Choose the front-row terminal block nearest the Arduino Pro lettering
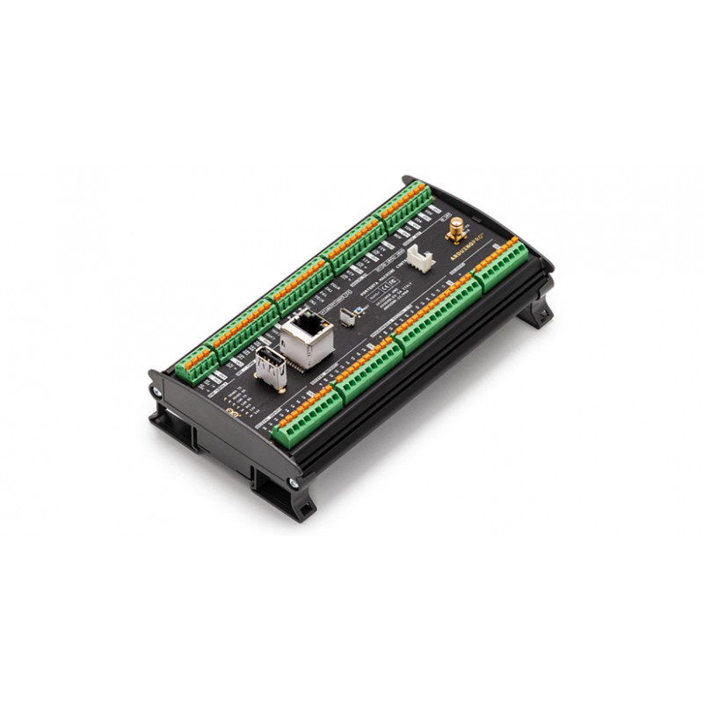(502, 265)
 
